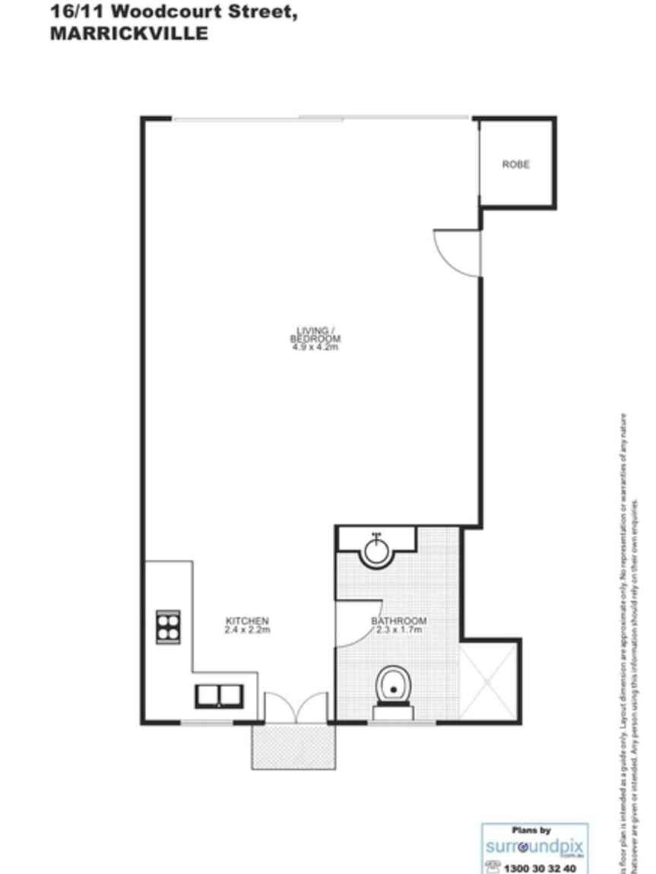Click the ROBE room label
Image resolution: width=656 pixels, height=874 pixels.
[x=515, y=164]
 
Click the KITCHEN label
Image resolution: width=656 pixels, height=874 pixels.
[x=247, y=620]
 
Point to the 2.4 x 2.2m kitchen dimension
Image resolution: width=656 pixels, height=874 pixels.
[x=247, y=630]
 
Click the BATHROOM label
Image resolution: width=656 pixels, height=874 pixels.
[x=399, y=621]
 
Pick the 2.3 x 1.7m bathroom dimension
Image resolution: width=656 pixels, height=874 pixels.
[x=399, y=630]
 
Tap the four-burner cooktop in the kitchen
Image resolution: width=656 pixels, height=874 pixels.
[x=168, y=627]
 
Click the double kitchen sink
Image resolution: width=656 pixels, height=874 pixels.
[x=219, y=695]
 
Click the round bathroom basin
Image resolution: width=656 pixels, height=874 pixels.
[x=376, y=549]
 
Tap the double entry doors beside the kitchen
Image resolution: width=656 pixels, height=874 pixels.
[x=296, y=707]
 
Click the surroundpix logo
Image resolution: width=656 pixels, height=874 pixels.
[x=534, y=846]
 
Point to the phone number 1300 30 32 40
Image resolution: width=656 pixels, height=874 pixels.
[x=540, y=868]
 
